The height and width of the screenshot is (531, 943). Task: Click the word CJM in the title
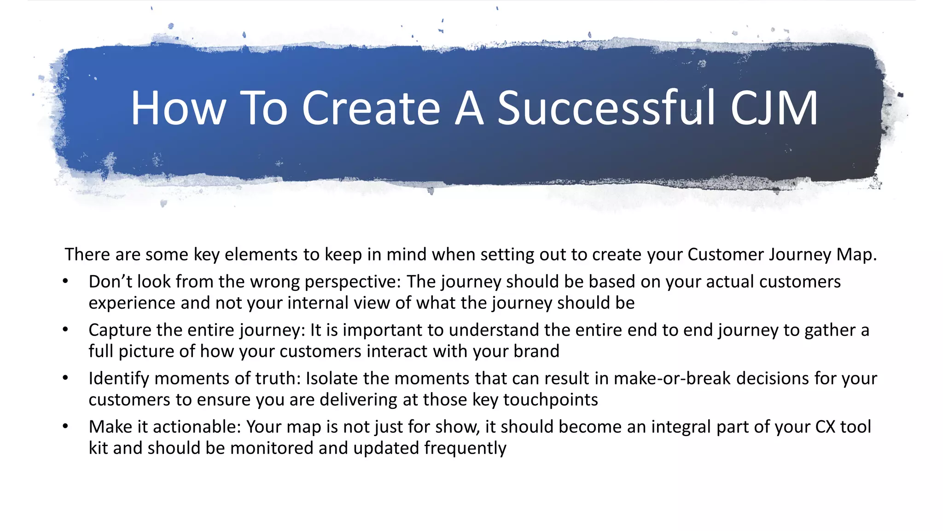774,108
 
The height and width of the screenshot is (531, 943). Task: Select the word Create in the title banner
371,108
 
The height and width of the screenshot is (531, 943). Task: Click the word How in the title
178,108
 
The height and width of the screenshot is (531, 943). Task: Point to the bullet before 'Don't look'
65,282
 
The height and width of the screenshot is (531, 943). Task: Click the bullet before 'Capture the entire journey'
65,330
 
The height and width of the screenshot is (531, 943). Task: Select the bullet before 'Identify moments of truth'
65,378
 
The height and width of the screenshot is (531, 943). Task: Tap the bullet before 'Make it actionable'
65,427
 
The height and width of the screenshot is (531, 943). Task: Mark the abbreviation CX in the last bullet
825,427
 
